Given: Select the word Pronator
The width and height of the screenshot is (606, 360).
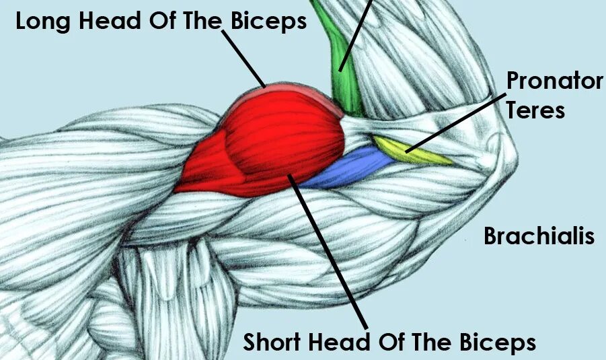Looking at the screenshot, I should pyautogui.click(x=554, y=81).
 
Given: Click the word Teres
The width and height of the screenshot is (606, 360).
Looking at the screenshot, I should pyautogui.click(x=535, y=109).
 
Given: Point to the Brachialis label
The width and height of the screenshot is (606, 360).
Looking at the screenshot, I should pyautogui.click(x=539, y=236).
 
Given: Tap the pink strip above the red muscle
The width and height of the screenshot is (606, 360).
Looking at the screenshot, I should pyautogui.click(x=296, y=89).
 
